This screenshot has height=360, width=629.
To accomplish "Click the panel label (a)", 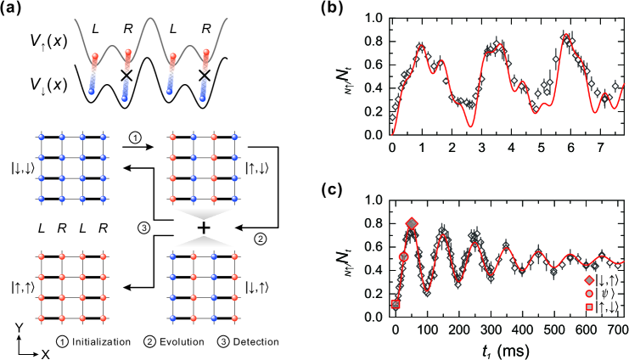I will click(14, 10).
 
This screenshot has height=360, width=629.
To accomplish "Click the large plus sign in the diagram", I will click(203, 229).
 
